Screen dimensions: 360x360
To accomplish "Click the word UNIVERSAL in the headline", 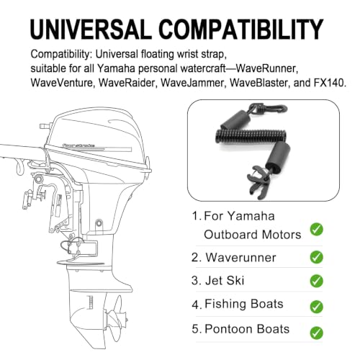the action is (91, 29).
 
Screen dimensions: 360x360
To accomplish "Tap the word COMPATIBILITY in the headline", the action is (240, 29).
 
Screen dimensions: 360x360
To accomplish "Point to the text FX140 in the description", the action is (329, 83).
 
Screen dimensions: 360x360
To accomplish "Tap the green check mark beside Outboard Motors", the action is (316, 229).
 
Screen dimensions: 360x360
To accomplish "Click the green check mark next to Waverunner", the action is (316, 257).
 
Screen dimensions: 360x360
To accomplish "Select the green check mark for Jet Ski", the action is (316, 281).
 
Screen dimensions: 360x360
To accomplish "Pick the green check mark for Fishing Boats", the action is (316, 307).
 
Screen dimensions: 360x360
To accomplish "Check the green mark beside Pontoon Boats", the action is (316, 333).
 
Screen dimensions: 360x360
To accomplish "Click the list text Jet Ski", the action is (225, 280).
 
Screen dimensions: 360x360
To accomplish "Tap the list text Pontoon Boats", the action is (247, 329).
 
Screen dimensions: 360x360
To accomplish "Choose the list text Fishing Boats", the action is (244, 304).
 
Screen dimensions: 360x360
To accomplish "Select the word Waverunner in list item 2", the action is (240, 258).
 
